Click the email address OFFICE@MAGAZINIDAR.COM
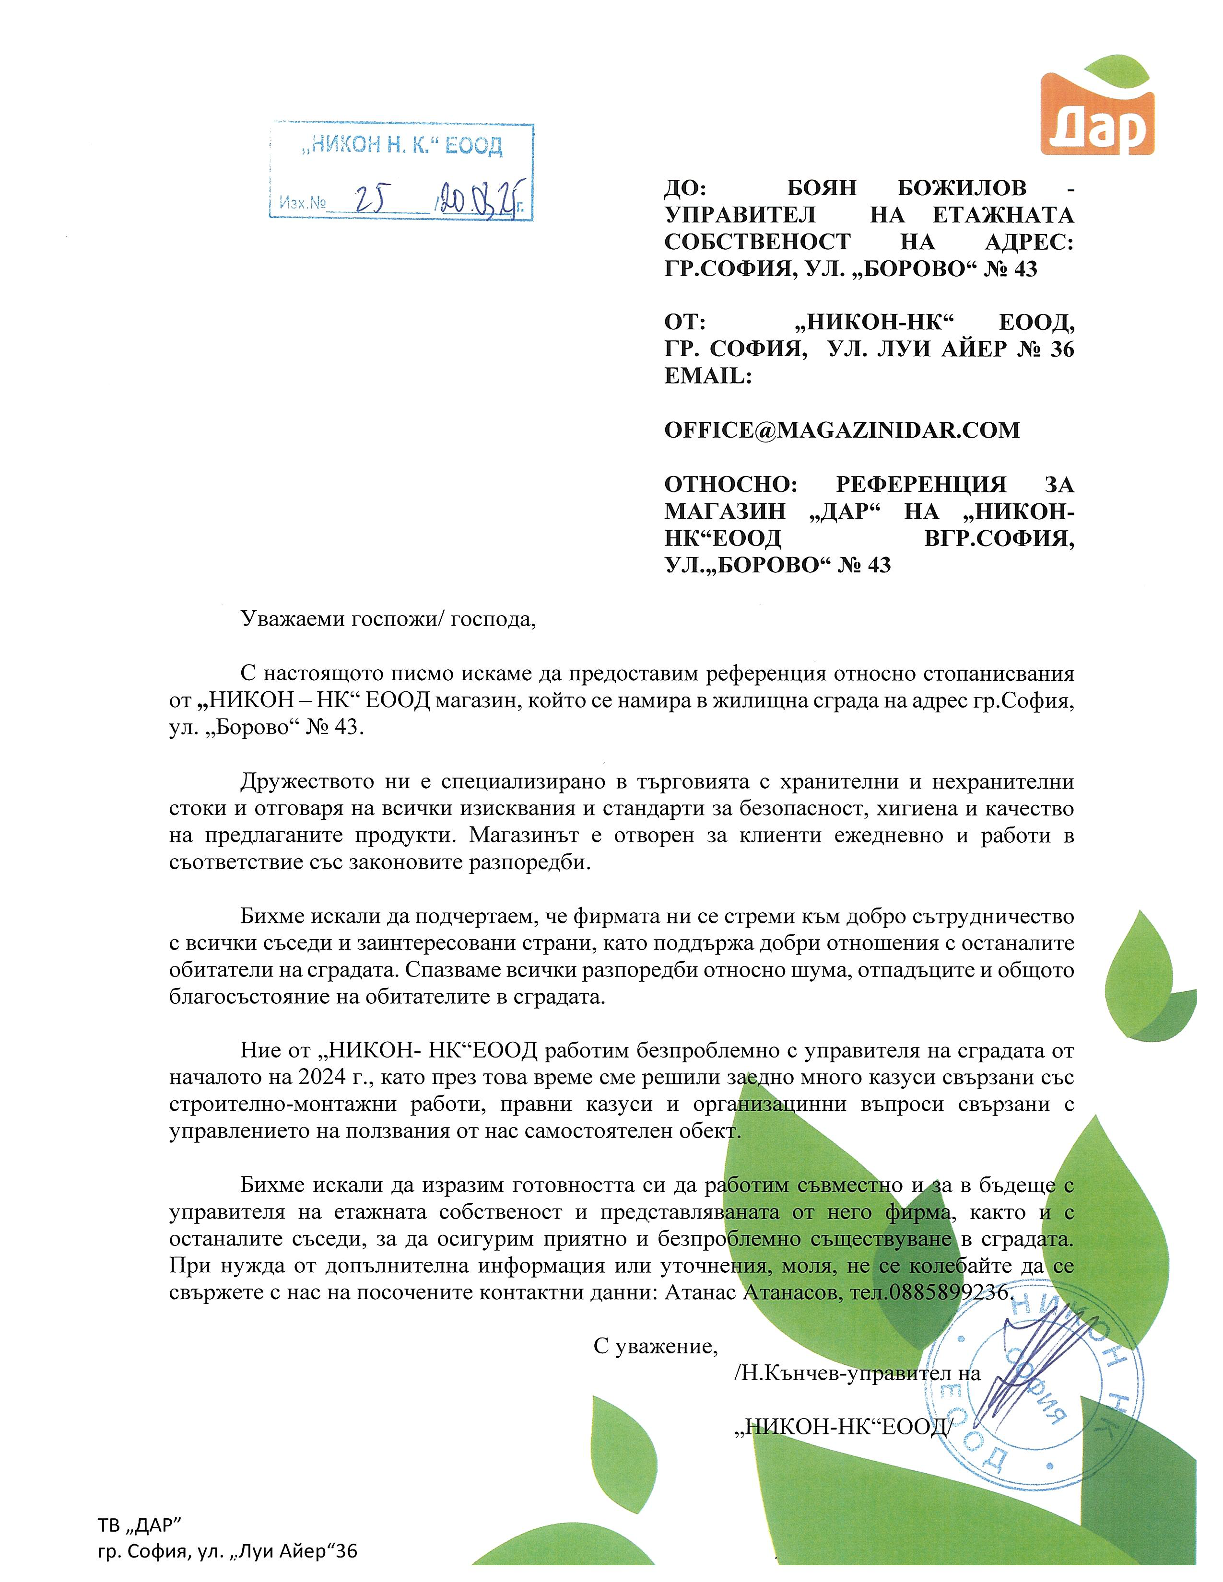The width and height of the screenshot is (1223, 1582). pyautogui.click(x=841, y=430)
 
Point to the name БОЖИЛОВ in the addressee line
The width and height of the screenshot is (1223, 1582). pyautogui.click(x=962, y=188)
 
